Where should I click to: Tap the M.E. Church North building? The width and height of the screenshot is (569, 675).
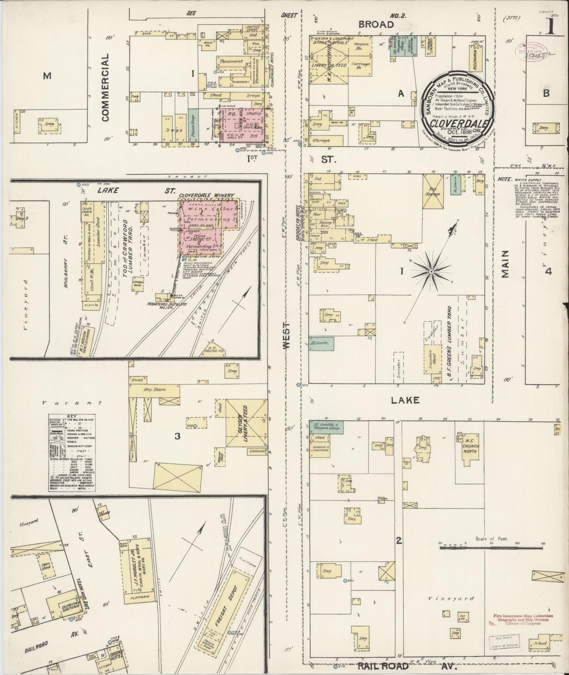click(471, 448)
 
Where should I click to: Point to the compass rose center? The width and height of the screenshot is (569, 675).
click(431, 271)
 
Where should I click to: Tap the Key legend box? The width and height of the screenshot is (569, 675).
click(72, 453)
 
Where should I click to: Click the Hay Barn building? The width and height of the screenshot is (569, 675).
click(155, 390)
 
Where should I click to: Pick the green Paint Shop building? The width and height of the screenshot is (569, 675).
click(192, 126)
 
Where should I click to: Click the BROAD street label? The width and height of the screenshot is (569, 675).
click(376, 24)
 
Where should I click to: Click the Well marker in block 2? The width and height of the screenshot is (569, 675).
click(345, 580)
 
